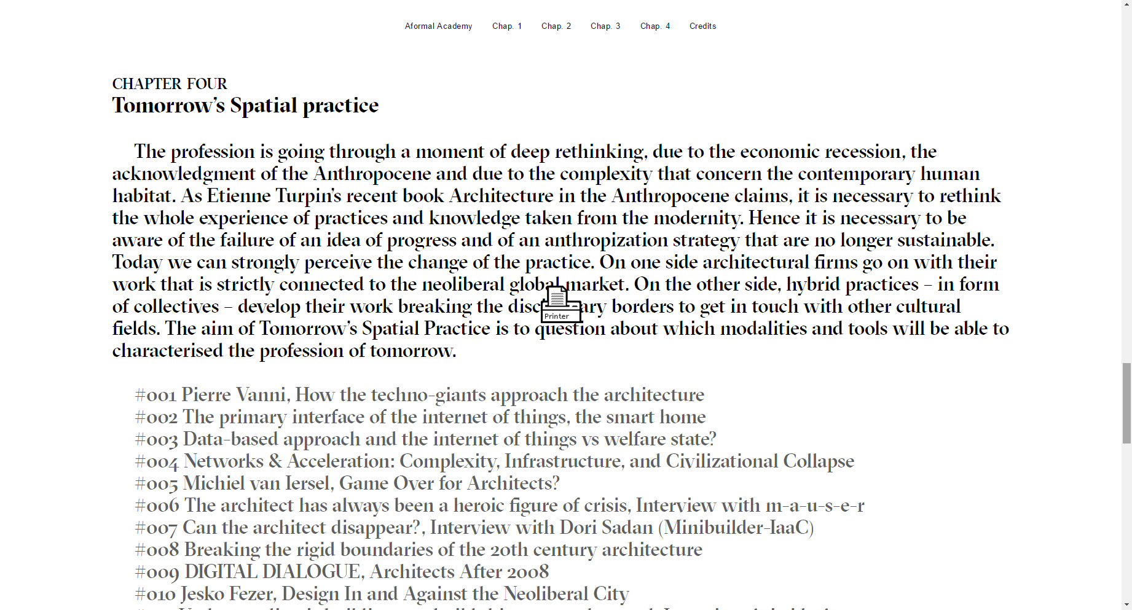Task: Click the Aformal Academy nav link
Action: [438, 26]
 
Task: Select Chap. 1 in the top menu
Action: [506, 26]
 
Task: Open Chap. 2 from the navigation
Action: [556, 26]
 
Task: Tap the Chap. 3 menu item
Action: [605, 26]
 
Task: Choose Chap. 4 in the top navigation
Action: [654, 26]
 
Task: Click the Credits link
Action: [702, 26]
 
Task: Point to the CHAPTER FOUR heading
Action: [170, 84]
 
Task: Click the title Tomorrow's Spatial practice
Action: [245, 106]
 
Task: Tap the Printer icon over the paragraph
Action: [560, 305]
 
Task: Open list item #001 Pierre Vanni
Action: [419, 395]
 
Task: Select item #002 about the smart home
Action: [420, 417]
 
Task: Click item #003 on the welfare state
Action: [425, 439]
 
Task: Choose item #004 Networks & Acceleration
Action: [494, 461]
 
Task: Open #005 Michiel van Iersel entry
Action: [347, 483]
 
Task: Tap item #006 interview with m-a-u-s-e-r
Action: [499, 506]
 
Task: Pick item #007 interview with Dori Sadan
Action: [474, 528]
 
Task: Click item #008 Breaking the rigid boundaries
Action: [419, 550]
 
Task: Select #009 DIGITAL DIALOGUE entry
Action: [342, 572]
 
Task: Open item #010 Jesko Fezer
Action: [382, 594]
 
